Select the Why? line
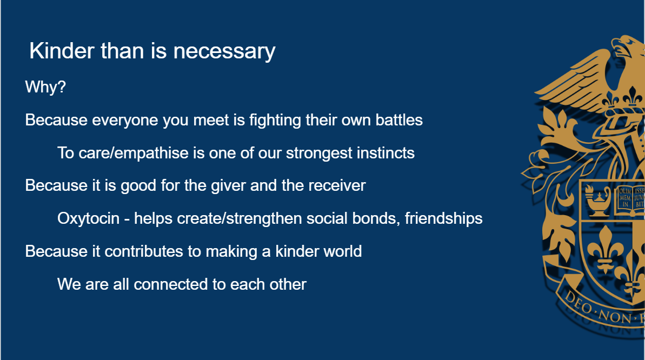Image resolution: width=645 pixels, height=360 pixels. pyautogui.click(x=45, y=87)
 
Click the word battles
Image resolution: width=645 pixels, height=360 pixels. pyautogui.click(x=399, y=120)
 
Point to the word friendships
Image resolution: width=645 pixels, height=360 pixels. pyautogui.click(x=443, y=218)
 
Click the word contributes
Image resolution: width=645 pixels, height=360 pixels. pyautogui.click(x=144, y=251)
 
